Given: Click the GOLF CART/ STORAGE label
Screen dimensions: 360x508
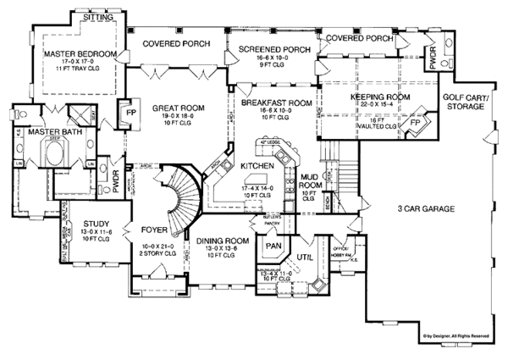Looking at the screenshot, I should point(469,102).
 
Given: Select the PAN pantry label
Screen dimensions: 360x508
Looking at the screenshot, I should point(273,246).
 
